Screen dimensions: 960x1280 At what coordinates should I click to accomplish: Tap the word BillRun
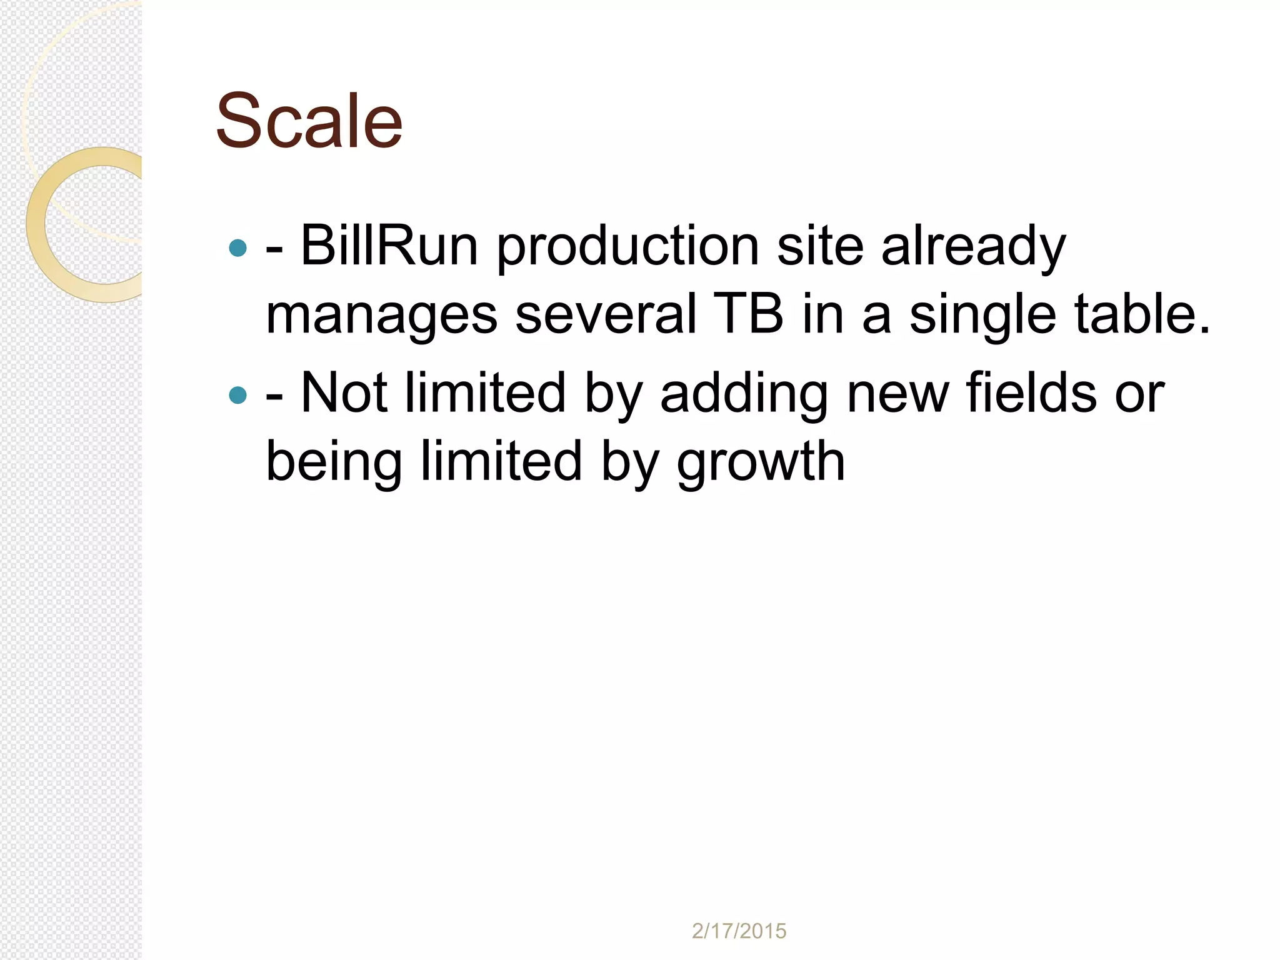389,246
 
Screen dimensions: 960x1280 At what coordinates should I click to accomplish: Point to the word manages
381,316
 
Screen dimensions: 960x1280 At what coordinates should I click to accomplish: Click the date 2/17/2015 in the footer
739,931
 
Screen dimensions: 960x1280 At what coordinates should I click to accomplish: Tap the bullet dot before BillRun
238,248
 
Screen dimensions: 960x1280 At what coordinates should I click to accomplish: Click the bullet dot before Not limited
238,395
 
